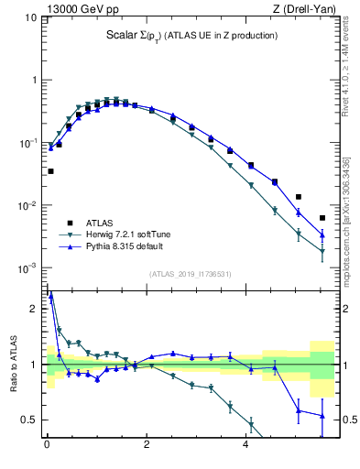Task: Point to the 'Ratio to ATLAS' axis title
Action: (x=14, y=366)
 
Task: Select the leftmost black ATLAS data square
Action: (x=50, y=171)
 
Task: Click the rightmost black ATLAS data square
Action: (x=322, y=218)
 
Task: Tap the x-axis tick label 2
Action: (x=147, y=446)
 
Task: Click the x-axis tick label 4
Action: (x=245, y=446)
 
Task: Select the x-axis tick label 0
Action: (x=47, y=446)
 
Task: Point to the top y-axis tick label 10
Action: (x=29, y=17)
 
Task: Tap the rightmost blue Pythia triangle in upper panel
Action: (x=322, y=234)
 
